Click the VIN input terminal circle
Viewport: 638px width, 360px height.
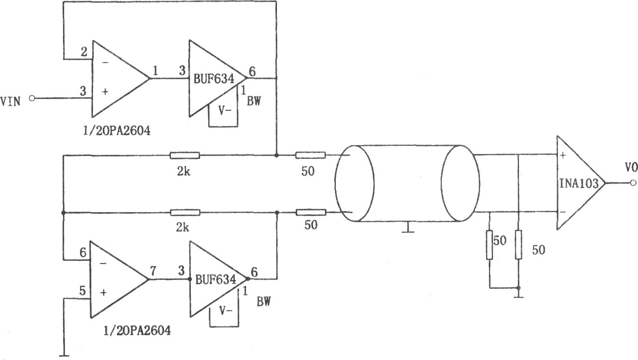pos(32,98)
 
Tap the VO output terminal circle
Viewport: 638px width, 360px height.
pos(633,183)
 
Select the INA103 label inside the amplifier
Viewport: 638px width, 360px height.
pos(579,183)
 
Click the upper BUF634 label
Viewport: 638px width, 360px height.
pos(214,79)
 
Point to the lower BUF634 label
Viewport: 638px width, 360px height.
pos(216,280)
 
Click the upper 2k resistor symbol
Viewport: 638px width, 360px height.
pos(185,155)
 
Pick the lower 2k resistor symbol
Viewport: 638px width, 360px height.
pos(185,213)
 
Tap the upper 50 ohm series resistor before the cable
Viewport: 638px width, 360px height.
pos(310,155)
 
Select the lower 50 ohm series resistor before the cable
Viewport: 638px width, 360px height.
pos(311,213)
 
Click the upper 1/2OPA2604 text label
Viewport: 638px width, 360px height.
pos(117,131)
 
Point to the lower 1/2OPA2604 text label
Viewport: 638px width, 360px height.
pos(137,331)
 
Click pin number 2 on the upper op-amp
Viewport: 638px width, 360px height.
pos(84,52)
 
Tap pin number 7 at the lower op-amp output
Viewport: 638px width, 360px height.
pos(153,271)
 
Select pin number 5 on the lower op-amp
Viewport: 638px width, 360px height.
pos(82,291)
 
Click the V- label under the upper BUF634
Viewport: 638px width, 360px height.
pos(225,111)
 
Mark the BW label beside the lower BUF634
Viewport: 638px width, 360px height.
pos(264,301)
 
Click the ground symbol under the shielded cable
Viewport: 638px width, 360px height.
pos(408,228)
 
